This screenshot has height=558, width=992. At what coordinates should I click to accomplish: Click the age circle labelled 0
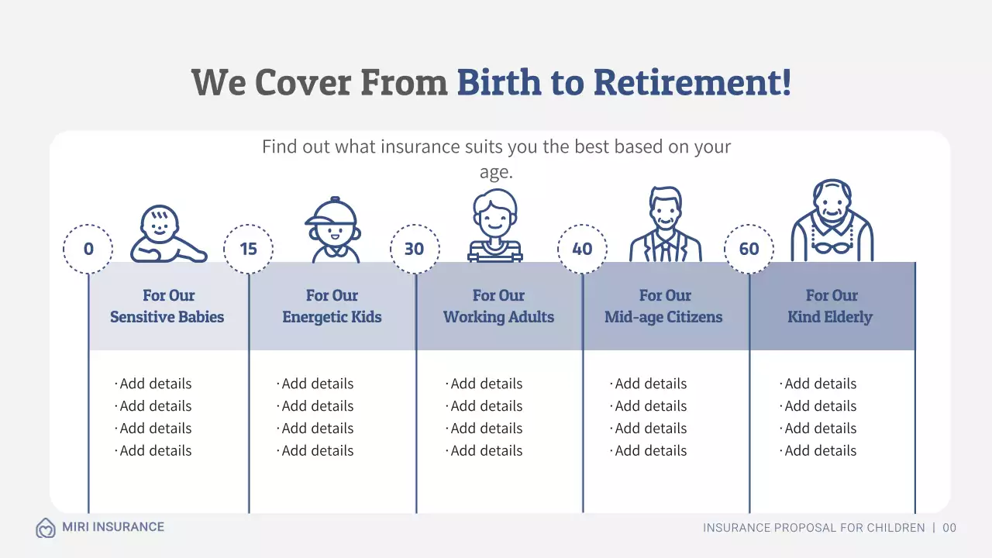[x=88, y=249]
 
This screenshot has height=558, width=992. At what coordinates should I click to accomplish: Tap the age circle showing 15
[x=248, y=249]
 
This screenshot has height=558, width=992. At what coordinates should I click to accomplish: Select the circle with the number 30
[x=415, y=249]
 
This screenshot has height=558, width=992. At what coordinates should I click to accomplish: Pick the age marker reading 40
[x=582, y=249]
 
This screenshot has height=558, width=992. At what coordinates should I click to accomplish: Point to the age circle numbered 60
[x=749, y=249]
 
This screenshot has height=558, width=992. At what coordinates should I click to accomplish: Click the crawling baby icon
[x=167, y=234]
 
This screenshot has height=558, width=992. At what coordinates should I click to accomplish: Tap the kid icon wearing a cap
[x=332, y=230]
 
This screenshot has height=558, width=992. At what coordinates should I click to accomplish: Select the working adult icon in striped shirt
[x=495, y=226]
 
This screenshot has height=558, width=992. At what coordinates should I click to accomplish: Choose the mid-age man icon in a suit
[x=665, y=225]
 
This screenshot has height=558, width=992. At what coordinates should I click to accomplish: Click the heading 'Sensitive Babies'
[x=167, y=317]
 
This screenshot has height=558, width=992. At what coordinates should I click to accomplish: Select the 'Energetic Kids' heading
[x=332, y=317]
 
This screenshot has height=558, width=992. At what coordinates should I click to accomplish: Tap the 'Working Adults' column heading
[x=498, y=317]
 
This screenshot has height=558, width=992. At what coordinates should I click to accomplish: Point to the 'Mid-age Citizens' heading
[x=663, y=317]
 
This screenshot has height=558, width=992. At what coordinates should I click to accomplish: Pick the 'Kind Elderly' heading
[x=830, y=317]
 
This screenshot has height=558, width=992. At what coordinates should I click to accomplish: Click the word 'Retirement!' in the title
[x=693, y=82]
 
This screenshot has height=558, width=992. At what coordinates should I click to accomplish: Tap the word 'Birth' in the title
[x=499, y=82]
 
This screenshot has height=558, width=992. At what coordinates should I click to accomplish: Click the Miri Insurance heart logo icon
[x=46, y=528]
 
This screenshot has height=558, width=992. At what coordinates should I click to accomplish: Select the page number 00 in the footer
[x=949, y=528]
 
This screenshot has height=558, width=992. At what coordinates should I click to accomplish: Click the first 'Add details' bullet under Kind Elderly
[x=820, y=384]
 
